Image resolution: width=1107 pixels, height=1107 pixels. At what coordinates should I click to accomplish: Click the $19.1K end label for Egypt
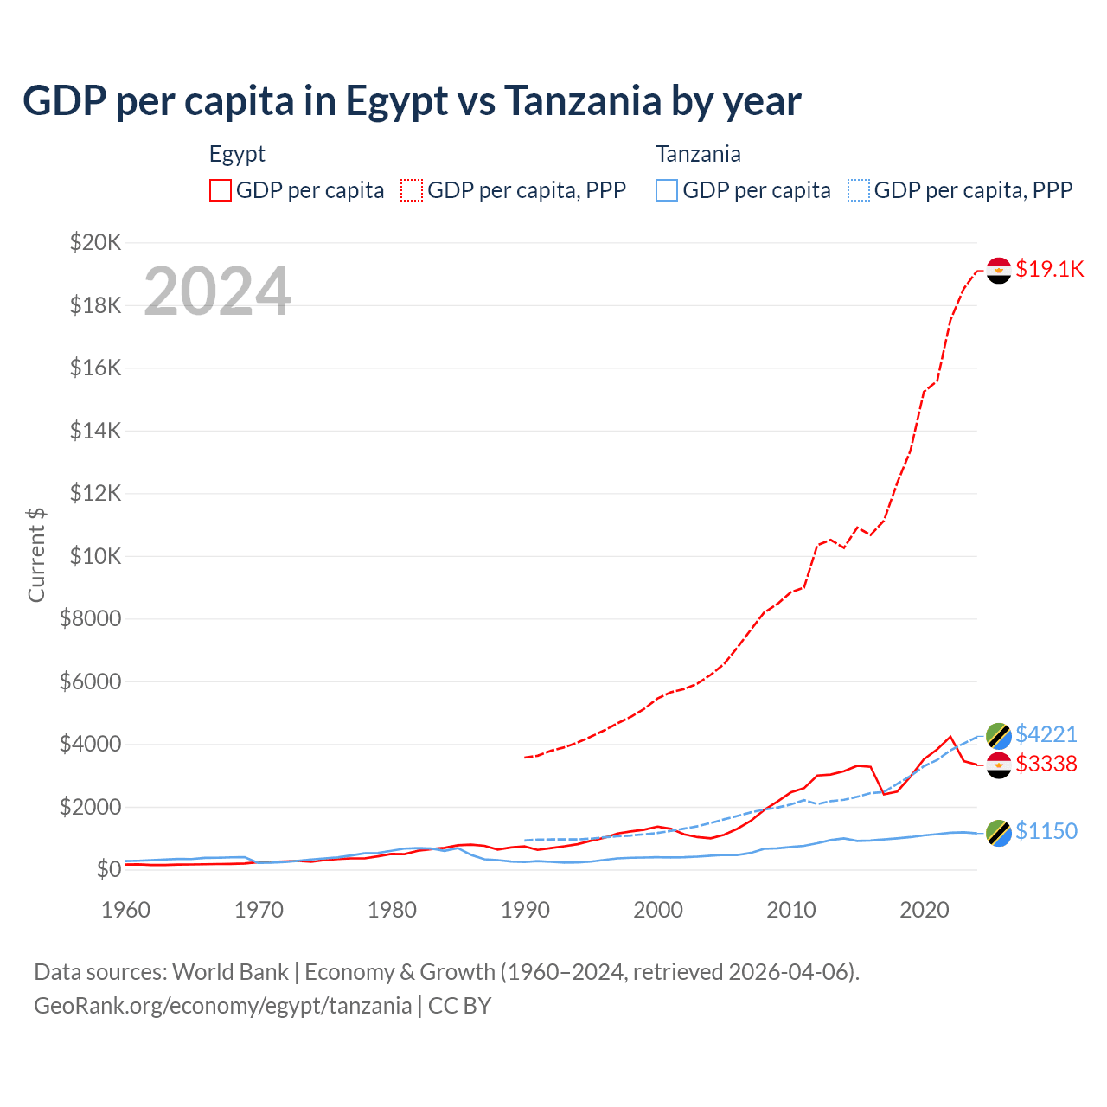pyautogui.click(x=1049, y=269)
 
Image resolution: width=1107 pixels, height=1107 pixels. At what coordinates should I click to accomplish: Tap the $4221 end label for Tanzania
pyautogui.click(x=1046, y=734)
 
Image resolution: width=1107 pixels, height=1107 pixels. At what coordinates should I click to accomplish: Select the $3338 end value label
pyautogui.click(x=1046, y=764)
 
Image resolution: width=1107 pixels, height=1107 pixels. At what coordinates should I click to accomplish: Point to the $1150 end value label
pyautogui.click(x=1046, y=831)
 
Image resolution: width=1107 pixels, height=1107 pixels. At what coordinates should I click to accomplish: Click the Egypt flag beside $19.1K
pyautogui.click(x=999, y=271)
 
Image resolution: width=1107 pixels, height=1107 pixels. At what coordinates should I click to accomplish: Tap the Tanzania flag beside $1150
pyautogui.click(x=999, y=833)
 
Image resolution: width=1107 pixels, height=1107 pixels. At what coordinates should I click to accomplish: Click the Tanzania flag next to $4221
pyautogui.click(x=999, y=736)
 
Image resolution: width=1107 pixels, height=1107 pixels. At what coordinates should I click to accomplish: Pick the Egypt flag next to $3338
pyautogui.click(x=999, y=765)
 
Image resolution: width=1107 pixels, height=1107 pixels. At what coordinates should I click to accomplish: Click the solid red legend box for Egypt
pyautogui.click(x=221, y=190)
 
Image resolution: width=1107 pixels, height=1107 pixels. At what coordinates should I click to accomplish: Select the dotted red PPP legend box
pyautogui.click(x=412, y=190)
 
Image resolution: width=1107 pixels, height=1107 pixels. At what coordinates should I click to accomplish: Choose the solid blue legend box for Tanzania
pyautogui.click(x=667, y=190)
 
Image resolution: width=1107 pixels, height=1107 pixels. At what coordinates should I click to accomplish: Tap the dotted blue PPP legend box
pyautogui.click(x=859, y=190)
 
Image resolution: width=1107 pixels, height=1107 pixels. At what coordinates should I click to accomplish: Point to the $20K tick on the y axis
pyautogui.click(x=96, y=242)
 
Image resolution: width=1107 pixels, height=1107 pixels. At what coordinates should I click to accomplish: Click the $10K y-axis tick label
pyautogui.click(x=96, y=556)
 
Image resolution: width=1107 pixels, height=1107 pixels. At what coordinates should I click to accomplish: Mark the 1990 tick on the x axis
pyautogui.click(x=525, y=910)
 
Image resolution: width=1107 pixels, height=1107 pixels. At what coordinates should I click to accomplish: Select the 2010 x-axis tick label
pyautogui.click(x=791, y=910)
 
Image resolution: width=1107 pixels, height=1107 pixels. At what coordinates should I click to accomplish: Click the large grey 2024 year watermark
pyautogui.click(x=217, y=291)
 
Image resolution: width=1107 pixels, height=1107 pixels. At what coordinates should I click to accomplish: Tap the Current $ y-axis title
pyautogui.click(x=36, y=555)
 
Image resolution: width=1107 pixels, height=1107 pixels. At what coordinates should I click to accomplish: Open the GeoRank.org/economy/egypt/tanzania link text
pyautogui.click(x=222, y=1006)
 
